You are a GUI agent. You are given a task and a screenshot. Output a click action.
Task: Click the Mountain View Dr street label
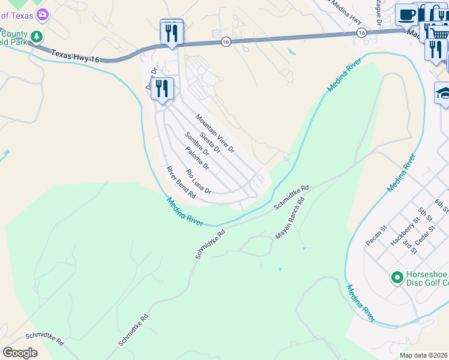click(214, 133)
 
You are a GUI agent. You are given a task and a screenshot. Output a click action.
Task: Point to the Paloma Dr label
click(197, 157)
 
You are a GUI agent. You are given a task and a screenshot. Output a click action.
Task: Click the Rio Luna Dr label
click(199, 182)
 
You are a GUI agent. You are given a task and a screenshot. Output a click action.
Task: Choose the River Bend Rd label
click(181, 182)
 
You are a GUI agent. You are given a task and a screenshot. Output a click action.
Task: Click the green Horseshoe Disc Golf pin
click(396, 277)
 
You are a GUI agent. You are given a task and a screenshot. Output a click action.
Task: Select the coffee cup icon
click(407, 14)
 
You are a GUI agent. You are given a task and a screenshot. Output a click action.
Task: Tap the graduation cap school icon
click(444, 93)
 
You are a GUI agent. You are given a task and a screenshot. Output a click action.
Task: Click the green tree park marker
click(37, 37)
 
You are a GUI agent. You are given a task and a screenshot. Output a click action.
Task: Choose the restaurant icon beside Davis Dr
click(163, 89)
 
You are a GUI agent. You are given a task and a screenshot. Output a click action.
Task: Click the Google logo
click(20, 352)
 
